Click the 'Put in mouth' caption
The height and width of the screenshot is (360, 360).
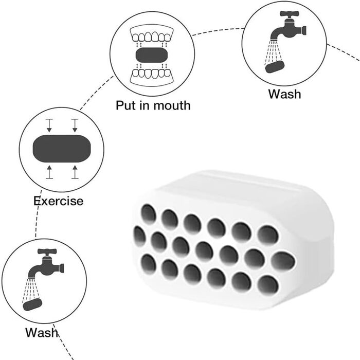click(153, 105)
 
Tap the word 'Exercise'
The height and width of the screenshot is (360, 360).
click(58, 201)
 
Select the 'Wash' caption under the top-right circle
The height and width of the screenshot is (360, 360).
click(285, 94)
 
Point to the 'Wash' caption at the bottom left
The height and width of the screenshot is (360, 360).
click(42, 332)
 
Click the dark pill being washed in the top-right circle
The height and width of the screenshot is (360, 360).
click(275, 66)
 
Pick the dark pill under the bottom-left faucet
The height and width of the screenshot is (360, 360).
click(32, 304)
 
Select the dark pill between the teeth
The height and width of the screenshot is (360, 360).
click(152, 55)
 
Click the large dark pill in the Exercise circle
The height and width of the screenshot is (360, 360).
click(62, 149)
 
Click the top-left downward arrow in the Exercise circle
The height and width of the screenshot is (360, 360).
click(49, 125)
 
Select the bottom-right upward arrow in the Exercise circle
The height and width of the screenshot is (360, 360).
click(75, 172)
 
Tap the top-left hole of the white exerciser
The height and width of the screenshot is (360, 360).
click(148, 214)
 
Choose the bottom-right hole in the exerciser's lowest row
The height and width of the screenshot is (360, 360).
click(268, 284)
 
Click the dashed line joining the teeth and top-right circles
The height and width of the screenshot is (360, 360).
click(218, 30)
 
